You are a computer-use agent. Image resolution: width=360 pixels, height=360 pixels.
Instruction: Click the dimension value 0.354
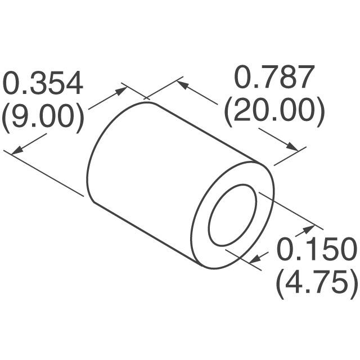coord(43,84)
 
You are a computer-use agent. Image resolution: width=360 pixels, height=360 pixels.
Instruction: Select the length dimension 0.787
coord(273,79)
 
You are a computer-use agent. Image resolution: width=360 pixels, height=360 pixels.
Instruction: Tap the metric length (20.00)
coord(274,112)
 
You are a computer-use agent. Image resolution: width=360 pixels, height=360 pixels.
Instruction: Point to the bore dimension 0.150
coord(316,249)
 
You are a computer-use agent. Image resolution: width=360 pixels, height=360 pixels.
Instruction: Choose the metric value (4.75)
coord(317,283)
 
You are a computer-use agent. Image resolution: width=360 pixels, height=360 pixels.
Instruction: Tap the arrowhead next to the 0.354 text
coord(120,90)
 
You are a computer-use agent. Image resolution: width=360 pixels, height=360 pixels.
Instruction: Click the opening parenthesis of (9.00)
coord(6,118)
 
